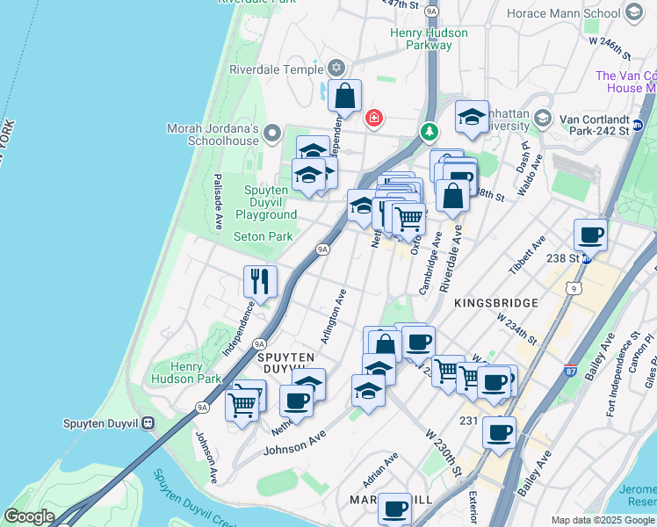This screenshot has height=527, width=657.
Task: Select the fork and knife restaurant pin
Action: click(x=260, y=282)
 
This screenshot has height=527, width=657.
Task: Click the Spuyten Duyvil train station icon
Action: click(x=148, y=422)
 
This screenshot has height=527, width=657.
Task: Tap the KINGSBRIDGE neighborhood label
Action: click(x=496, y=302)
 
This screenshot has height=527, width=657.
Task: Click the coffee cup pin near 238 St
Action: click(x=590, y=235)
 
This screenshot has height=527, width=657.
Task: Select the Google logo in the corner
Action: click(x=29, y=516)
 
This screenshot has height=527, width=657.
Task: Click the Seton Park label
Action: click(x=263, y=236)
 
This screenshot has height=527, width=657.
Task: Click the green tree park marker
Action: click(x=430, y=132)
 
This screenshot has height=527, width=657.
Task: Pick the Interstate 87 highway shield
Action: click(x=570, y=372)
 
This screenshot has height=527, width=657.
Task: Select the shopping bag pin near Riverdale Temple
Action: click(x=345, y=96)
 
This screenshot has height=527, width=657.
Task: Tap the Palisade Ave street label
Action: click(x=217, y=202)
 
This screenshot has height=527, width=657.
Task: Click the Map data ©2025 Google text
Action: click(x=603, y=520)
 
